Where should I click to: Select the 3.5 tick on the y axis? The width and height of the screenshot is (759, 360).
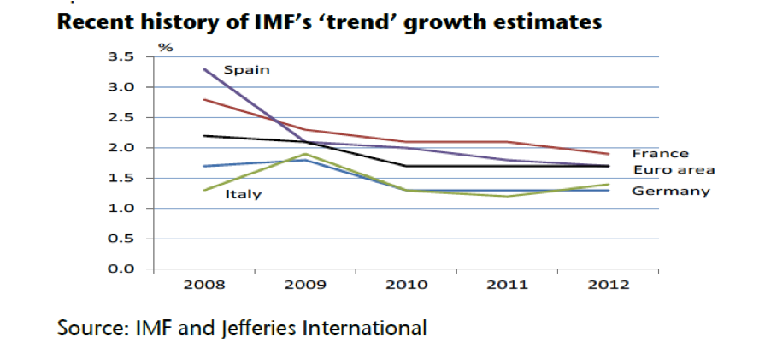tap(123, 57)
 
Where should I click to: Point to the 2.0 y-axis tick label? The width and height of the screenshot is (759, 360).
tap(123, 148)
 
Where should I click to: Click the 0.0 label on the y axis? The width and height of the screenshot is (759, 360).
tap(123, 269)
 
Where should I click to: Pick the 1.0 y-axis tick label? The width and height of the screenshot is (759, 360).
tap(123, 209)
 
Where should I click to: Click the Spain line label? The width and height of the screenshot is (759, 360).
tap(247, 69)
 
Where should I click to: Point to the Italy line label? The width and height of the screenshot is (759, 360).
tap(244, 194)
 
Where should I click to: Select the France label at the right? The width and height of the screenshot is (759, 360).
tap(660, 154)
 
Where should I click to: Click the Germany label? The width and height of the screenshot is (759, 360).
tap(670, 191)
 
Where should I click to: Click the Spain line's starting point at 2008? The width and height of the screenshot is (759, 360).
tap(203, 69)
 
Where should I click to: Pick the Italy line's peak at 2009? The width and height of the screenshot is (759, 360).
tap(304, 154)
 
